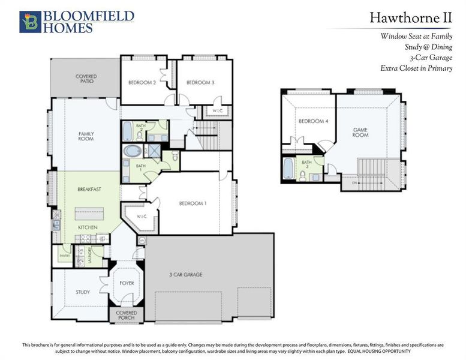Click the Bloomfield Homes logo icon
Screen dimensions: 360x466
point(29,21)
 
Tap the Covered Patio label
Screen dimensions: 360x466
point(86,79)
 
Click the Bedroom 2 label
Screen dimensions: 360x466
point(142,83)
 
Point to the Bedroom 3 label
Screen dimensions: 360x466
point(200,83)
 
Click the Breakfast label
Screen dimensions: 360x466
point(89,190)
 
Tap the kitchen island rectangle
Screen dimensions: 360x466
point(89,214)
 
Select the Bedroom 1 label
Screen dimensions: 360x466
point(193,203)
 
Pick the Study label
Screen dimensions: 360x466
point(83,293)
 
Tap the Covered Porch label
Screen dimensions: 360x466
point(126,315)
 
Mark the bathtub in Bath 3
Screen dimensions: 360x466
point(289,169)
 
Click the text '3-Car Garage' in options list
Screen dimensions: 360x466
point(431,58)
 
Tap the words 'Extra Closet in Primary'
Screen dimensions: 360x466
point(416,68)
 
